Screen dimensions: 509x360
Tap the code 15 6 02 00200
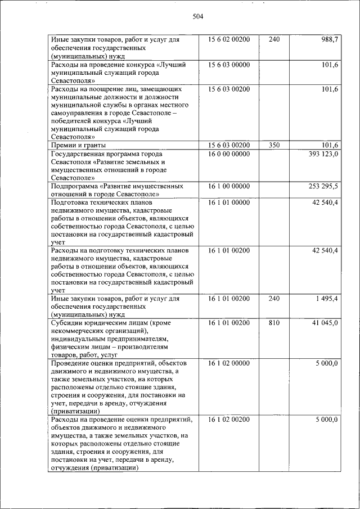click(x=228, y=40)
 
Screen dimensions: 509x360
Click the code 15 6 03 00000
click(x=228, y=65)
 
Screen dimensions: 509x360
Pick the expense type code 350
click(x=274, y=145)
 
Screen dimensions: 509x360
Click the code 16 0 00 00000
click(x=228, y=154)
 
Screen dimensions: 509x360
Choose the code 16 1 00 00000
click(x=228, y=186)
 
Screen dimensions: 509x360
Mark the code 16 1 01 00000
click(x=228, y=202)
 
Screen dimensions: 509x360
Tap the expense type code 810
click(x=274, y=323)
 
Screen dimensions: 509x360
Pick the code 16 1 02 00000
click(x=228, y=364)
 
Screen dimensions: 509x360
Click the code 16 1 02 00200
click(x=228, y=420)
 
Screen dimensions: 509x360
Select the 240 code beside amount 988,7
click(x=274, y=40)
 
